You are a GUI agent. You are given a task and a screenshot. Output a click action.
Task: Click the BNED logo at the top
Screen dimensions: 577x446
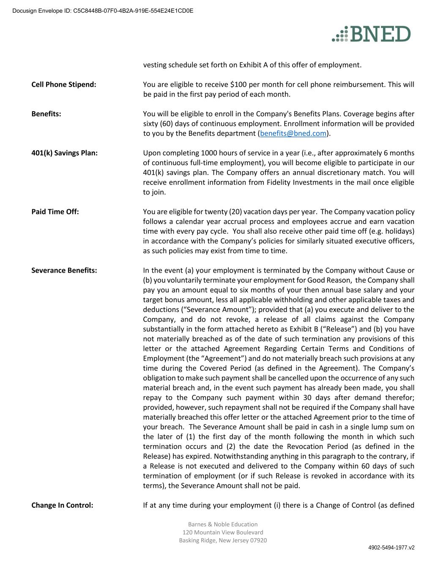pyautogui.click(x=371, y=34)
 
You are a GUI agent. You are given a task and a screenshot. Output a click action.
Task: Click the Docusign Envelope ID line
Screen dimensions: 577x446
pyautogui.click(x=103, y=11)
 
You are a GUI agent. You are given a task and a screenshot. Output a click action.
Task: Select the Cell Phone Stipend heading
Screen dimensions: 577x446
pyautogui.click(x=64, y=85)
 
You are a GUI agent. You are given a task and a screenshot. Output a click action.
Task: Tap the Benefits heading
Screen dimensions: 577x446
pyautogui.click(x=46, y=114)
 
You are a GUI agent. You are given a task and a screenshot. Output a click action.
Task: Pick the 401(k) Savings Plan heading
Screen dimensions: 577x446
pyautogui.click(x=64, y=153)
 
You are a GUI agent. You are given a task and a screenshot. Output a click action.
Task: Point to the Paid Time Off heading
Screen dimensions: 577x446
pyautogui.click(x=55, y=212)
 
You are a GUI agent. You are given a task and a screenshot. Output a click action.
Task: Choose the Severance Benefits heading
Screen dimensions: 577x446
pyautogui.click(x=64, y=271)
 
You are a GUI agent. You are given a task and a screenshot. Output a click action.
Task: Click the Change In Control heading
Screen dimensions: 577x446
pyautogui.click(x=62, y=505)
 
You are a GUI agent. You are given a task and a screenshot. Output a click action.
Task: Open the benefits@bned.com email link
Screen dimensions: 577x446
pyautogui.click(x=293, y=134)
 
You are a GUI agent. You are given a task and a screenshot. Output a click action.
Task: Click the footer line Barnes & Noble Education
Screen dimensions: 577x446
pyautogui.click(x=223, y=524)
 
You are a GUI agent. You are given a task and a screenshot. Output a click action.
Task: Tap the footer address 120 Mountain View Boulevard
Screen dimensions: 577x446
pyautogui.click(x=223, y=532)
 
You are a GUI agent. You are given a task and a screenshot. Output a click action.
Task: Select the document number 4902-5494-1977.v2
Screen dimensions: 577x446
pyautogui.click(x=391, y=547)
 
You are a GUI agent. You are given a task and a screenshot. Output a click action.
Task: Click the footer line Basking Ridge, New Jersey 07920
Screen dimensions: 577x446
pyautogui.click(x=223, y=540)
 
